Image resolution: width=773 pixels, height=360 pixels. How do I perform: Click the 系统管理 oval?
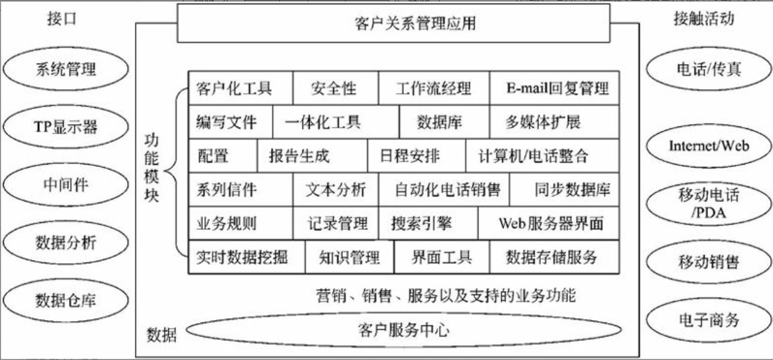[x=65, y=69]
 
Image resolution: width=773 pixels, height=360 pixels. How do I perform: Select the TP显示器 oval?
[x=65, y=127]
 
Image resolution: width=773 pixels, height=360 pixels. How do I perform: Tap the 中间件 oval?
[x=65, y=185]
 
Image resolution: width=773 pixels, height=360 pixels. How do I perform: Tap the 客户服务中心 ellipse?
[x=403, y=330]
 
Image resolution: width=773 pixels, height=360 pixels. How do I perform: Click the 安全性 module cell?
[x=334, y=90]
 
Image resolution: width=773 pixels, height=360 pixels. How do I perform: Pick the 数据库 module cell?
[x=440, y=123]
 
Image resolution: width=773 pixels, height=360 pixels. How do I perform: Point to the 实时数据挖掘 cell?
[x=242, y=258]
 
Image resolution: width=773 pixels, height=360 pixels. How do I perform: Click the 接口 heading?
[x=62, y=19]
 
